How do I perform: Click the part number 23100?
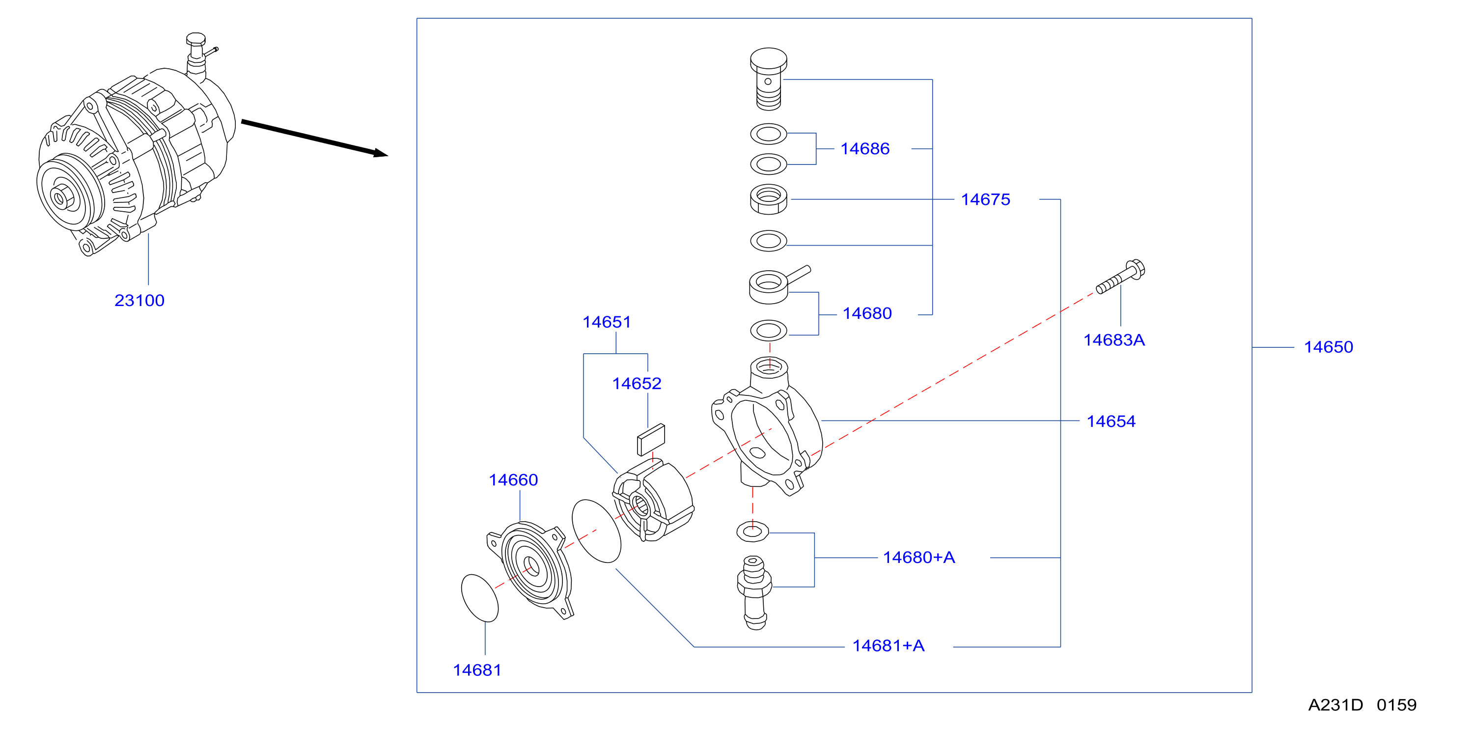(x=139, y=300)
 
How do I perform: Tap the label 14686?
(x=864, y=149)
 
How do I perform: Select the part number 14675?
(x=985, y=199)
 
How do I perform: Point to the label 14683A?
(x=1114, y=340)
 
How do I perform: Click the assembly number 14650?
(x=1328, y=347)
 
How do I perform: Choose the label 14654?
(x=1111, y=421)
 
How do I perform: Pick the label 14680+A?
(x=919, y=558)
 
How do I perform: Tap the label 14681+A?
(x=888, y=646)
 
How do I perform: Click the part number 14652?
(x=637, y=384)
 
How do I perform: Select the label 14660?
(x=513, y=480)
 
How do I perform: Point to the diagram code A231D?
(x=1335, y=705)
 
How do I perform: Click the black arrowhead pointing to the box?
(x=381, y=153)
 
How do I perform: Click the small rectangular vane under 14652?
(x=651, y=440)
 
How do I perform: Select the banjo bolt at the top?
(x=769, y=79)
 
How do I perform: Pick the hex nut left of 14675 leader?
(x=769, y=199)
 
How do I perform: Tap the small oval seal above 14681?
(x=480, y=597)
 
